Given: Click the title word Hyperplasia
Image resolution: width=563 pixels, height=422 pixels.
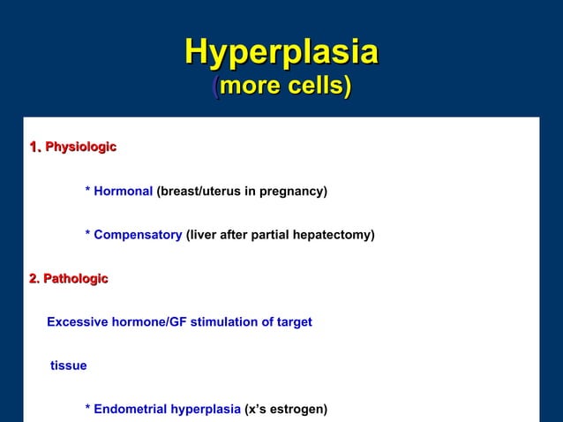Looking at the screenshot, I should (x=281, y=52).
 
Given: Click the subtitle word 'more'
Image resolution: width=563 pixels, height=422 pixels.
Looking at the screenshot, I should (x=250, y=87).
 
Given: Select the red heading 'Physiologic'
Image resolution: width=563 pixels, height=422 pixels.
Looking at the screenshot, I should (x=80, y=147).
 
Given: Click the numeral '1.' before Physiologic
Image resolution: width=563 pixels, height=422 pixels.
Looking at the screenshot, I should (x=35, y=147).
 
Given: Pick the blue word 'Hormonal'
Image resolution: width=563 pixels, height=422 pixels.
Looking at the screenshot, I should (x=124, y=191).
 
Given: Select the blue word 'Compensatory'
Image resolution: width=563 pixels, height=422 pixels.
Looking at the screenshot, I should (x=138, y=235).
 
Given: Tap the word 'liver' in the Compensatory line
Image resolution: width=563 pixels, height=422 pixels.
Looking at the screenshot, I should (x=202, y=235).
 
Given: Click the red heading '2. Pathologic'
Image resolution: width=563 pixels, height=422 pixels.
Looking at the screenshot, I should (x=68, y=279).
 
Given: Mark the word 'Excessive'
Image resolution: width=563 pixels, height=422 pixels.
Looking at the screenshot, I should (x=77, y=322).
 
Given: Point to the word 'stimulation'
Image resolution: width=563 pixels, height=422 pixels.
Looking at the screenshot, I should (x=224, y=322).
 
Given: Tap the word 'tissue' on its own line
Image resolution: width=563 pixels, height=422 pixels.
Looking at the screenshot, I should (x=69, y=365).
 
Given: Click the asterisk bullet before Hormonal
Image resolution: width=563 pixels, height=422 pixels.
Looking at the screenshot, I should (x=87, y=192).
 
